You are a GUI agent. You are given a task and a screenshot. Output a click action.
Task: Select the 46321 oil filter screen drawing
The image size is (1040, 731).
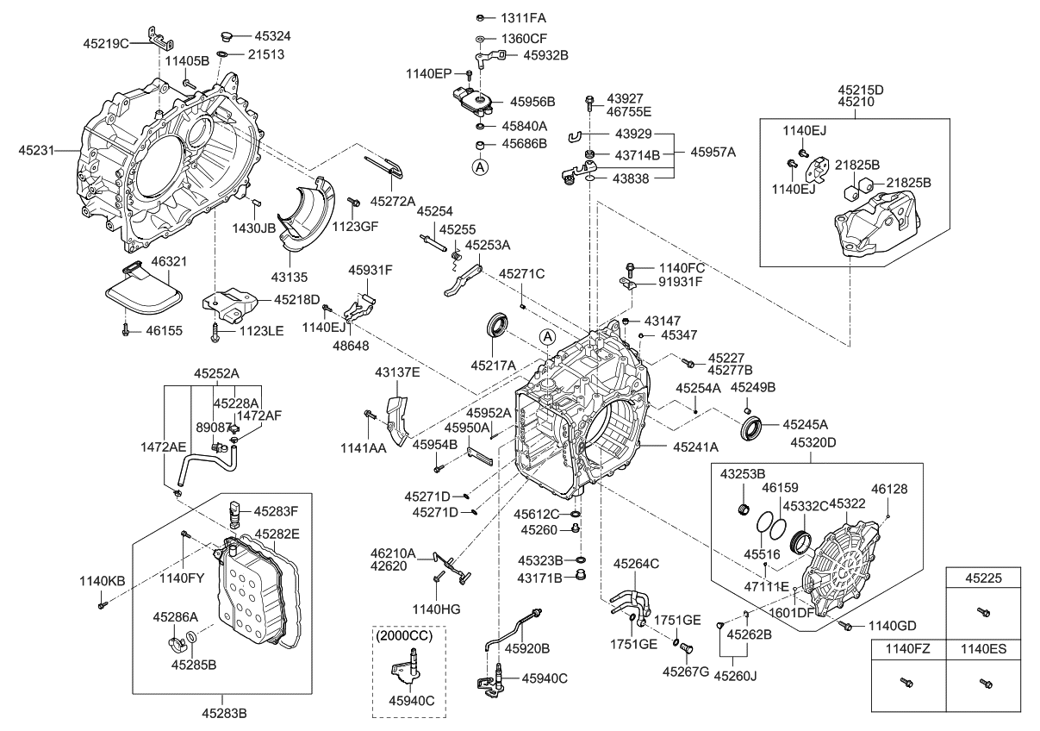[143, 296]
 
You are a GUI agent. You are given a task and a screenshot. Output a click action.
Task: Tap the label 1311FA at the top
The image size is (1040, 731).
[522, 17]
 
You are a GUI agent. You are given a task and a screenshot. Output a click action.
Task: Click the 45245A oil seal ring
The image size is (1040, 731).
[750, 426]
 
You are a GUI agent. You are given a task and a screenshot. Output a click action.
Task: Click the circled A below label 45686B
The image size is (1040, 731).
[480, 166]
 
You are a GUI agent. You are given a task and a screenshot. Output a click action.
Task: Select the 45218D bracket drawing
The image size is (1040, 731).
[228, 305]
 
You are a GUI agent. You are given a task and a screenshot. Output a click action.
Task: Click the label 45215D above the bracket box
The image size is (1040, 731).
[861, 89]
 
